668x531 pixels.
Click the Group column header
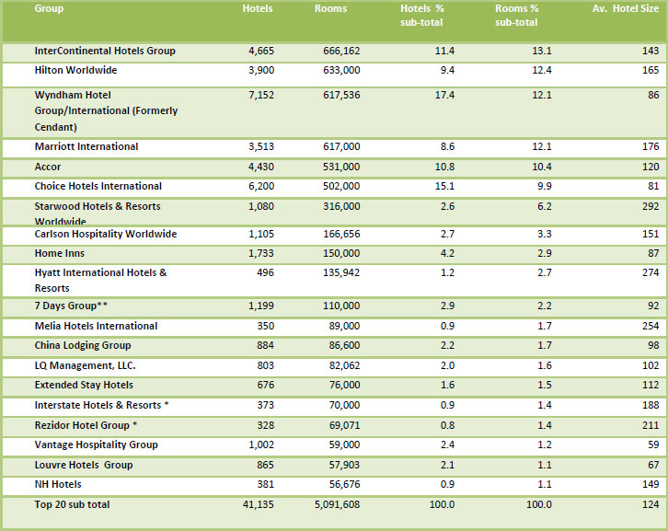(50, 8)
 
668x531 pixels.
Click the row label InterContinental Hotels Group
(104, 51)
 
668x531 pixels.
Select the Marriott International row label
(86, 146)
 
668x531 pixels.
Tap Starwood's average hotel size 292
(650, 206)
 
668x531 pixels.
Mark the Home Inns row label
(61, 254)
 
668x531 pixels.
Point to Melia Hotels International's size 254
(650, 326)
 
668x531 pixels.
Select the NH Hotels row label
(58, 484)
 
